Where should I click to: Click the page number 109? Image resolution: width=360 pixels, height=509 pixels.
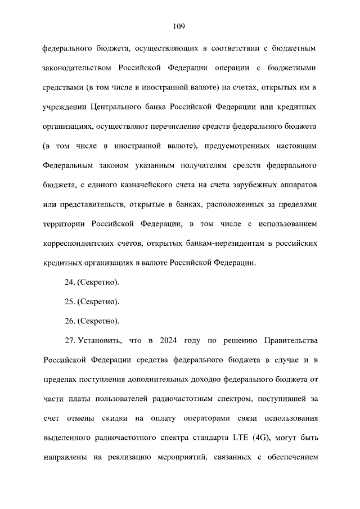click(179, 26)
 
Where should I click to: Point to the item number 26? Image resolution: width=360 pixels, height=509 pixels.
click(70, 321)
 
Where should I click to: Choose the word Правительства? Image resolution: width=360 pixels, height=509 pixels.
click(291, 341)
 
